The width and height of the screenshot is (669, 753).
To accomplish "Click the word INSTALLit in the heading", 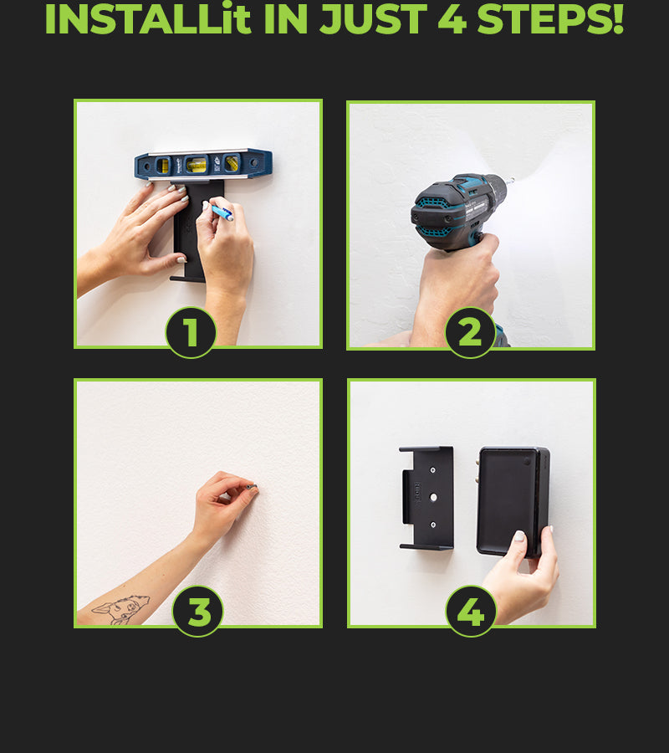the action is tap(148, 18).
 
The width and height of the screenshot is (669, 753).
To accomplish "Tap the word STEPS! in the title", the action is tap(550, 18).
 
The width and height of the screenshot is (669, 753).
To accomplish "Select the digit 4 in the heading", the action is tap(452, 19).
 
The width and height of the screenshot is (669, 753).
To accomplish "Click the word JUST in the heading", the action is tap(373, 19).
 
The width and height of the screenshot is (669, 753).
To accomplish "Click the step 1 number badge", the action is tap(191, 332).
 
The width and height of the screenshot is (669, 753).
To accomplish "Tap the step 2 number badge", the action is tap(470, 332).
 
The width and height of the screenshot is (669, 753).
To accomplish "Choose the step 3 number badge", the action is tap(197, 612).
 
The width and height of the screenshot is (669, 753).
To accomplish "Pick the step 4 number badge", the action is tap(471, 612).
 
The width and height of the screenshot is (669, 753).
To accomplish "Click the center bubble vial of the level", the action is tap(197, 165).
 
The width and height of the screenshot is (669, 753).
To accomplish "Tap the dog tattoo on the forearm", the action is tap(121, 610).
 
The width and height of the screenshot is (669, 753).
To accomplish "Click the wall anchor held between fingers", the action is tap(253, 488).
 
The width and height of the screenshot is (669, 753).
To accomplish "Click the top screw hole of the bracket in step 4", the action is tap(432, 470).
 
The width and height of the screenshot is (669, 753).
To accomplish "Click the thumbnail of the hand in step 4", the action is tap(520, 536).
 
